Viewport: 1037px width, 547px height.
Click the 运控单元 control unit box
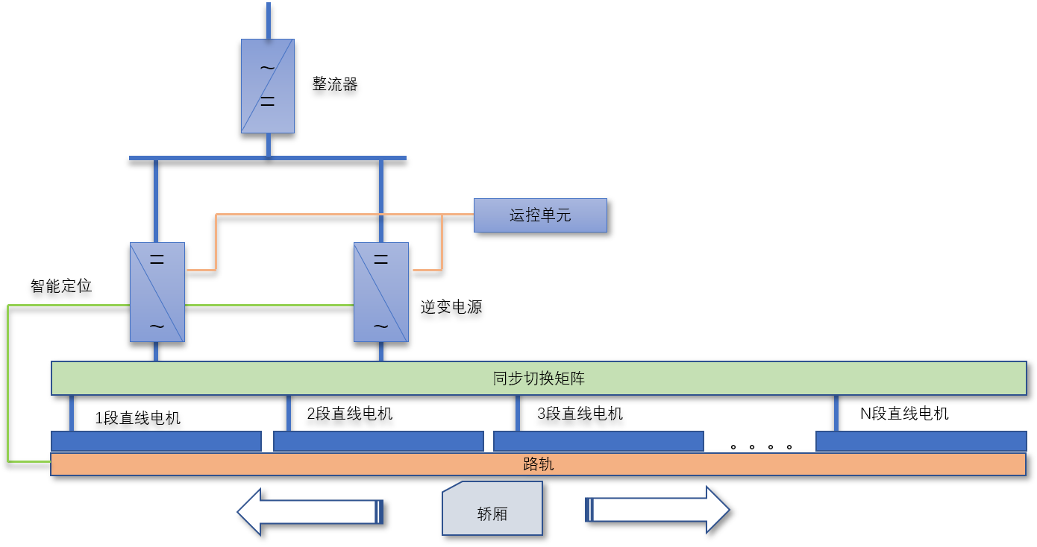tap(540, 215)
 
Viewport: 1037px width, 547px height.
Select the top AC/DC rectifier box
tap(268, 86)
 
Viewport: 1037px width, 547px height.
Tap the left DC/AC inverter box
tap(157, 292)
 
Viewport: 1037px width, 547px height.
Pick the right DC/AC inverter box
tap(380, 292)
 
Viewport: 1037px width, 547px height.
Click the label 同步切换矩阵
tap(539, 379)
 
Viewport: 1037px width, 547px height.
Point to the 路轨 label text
tap(539, 464)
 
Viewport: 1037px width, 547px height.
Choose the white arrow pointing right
tap(657, 510)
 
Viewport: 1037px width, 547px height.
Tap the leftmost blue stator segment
tap(156, 441)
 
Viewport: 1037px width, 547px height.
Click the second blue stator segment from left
tap(378, 441)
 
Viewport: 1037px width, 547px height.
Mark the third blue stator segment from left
tap(598, 441)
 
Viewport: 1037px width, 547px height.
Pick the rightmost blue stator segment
tap(921, 441)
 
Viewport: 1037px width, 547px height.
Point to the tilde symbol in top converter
tap(267, 69)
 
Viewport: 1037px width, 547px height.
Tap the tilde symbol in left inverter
tap(157, 326)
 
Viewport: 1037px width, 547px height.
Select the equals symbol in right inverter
tap(380, 260)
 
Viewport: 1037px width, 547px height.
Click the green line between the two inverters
tap(269, 305)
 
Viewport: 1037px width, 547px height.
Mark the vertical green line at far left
tap(7, 383)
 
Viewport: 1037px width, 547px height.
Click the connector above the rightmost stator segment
tap(836, 413)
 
